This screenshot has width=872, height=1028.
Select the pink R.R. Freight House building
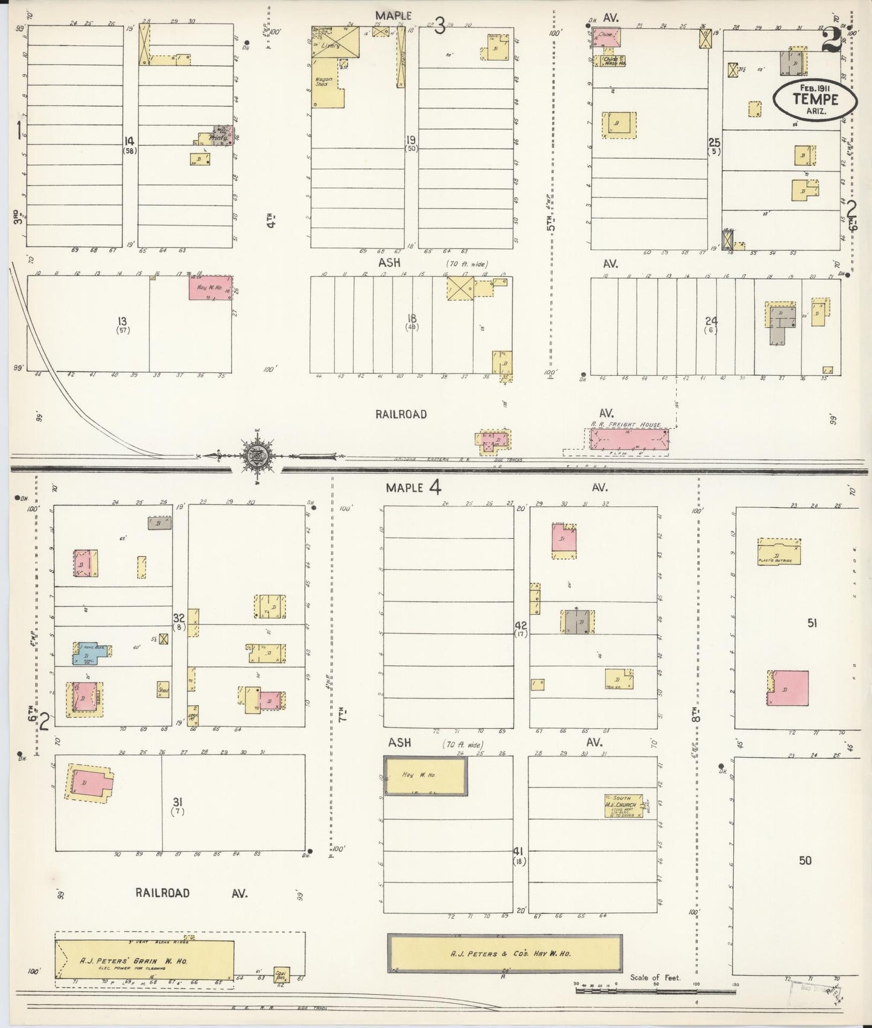click(x=628, y=439)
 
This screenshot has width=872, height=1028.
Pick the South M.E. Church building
click(x=623, y=805)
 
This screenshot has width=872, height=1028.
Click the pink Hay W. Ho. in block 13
click(x=211, y=288)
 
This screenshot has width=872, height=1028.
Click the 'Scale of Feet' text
click(x=655, y=977)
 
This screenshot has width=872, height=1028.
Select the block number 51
click(x=812, y=623)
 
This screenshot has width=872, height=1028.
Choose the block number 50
click(x=805, y=860)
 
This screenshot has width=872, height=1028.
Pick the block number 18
click(x=412, y=318)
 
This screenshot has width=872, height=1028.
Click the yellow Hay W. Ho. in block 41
click(x=425, y=775)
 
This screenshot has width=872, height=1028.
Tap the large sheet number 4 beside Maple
click(x=434, y=486)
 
